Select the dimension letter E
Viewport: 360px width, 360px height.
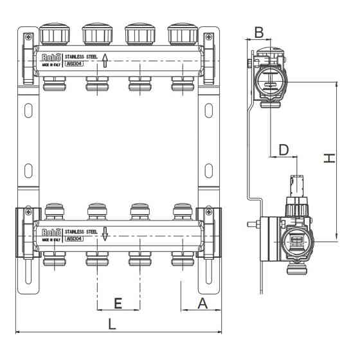point(118,303)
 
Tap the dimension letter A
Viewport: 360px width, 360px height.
point(202,303)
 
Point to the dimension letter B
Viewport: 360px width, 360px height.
point(258,31)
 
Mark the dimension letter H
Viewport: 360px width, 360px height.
point(329,158)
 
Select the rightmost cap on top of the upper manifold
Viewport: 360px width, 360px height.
point(182,34)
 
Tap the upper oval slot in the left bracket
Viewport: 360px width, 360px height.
point(28,109)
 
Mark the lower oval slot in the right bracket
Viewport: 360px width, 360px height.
point(208,172)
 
